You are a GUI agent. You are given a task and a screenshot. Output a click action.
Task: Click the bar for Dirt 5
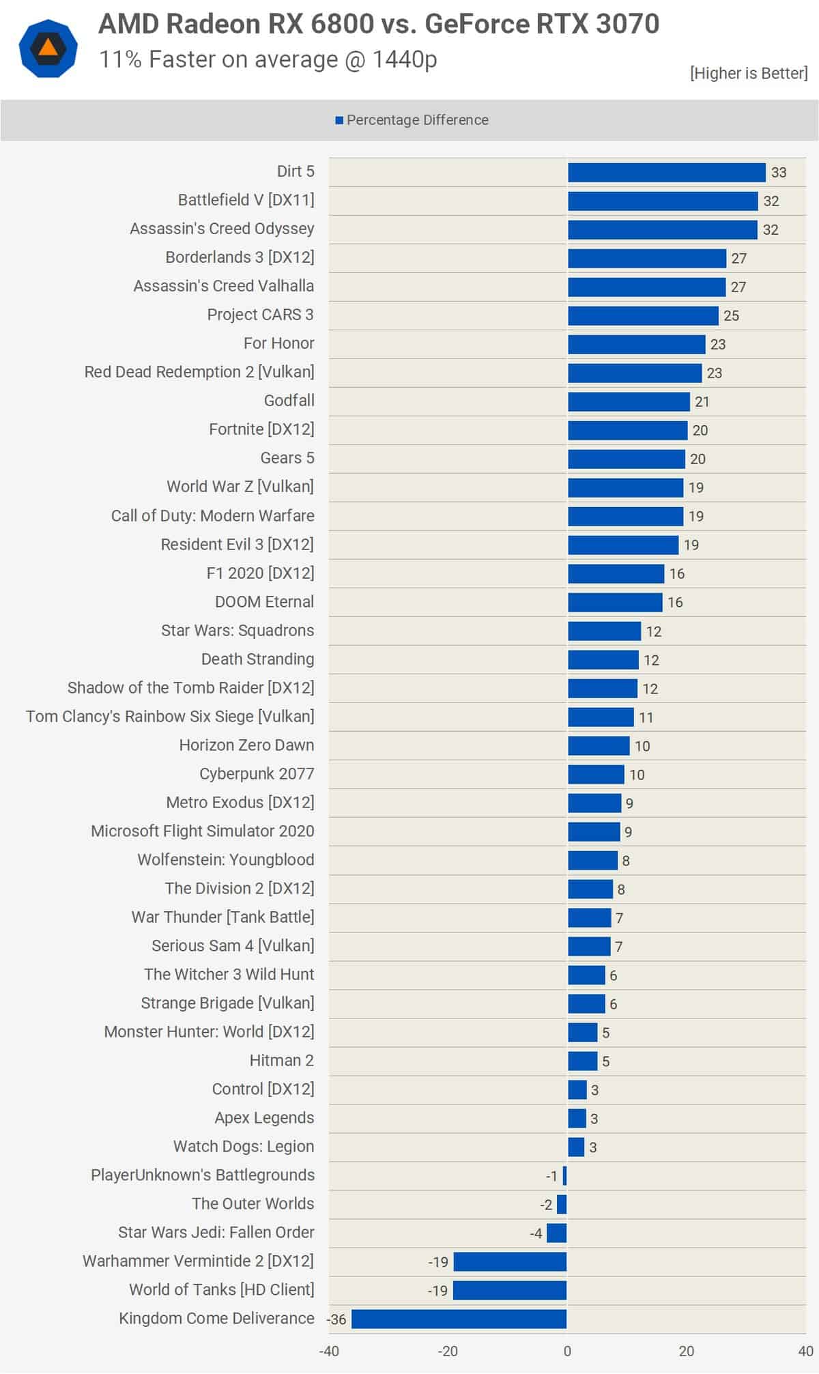click(x=666, y=173)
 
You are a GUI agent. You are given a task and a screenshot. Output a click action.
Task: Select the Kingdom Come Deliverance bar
click(x=459, y=1319)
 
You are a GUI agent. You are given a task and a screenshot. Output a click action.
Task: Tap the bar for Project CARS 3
click(x=643, y=316)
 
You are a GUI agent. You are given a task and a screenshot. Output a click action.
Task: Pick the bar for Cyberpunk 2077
click(x=596, y=775)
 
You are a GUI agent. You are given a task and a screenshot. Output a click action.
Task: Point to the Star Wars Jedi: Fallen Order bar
click(x=557, y=1233)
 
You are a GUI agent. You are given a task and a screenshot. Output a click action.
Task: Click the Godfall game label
click(x=289, y=401)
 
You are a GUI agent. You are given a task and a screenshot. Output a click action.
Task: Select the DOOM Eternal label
click(x=264, y=602)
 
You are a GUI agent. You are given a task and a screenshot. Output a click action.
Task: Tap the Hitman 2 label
click(x=281, y=1061)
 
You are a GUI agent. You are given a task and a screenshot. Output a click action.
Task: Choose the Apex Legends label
click(x=264, y=1118)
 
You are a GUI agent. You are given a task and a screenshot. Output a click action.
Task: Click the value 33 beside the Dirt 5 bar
click(x=779, y=173)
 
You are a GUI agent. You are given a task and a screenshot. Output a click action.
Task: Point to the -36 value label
click(x=337, y=1319)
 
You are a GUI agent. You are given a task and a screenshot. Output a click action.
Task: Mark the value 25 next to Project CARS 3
click(x=732, y=316)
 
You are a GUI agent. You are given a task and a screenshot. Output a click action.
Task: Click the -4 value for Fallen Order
click(x=536, y=1233)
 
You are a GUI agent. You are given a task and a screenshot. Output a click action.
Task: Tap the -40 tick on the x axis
click(x=329, y=1351)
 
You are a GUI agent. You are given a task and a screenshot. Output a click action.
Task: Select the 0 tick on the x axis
click(x=567, y=1351)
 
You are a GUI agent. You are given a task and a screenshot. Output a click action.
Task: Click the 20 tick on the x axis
click(x=686, y=1351)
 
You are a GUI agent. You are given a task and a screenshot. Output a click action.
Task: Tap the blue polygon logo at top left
click(x=48, y=48)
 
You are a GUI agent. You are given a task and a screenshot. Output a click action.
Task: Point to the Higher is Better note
click(x=748, y=73)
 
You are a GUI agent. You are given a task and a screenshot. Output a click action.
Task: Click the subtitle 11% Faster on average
click(x=268, y=60)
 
